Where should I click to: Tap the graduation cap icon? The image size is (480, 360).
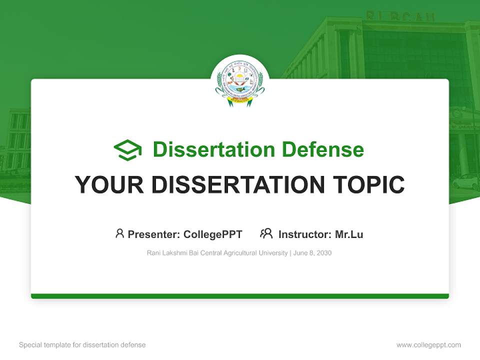click(x=127, y=149)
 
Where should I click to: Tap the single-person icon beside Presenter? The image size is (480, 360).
click(x=119, y=233)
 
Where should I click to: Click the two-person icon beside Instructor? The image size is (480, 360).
click(x=266, y=233)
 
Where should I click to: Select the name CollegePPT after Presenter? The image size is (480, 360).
click(x=212, y=234)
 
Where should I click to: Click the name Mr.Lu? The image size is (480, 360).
click(x=349, y=234)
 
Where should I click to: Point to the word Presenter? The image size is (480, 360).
click(x=154, y=234)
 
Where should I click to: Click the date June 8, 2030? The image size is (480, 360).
click(x=312, y=253)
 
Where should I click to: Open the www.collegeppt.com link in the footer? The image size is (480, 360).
click(x=428, y=345)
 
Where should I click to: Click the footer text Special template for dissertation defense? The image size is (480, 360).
click(x=82, y=345)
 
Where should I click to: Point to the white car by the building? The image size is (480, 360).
click(x=465, y=181)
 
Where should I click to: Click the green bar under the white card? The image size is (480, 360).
click(x=240, y=296)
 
